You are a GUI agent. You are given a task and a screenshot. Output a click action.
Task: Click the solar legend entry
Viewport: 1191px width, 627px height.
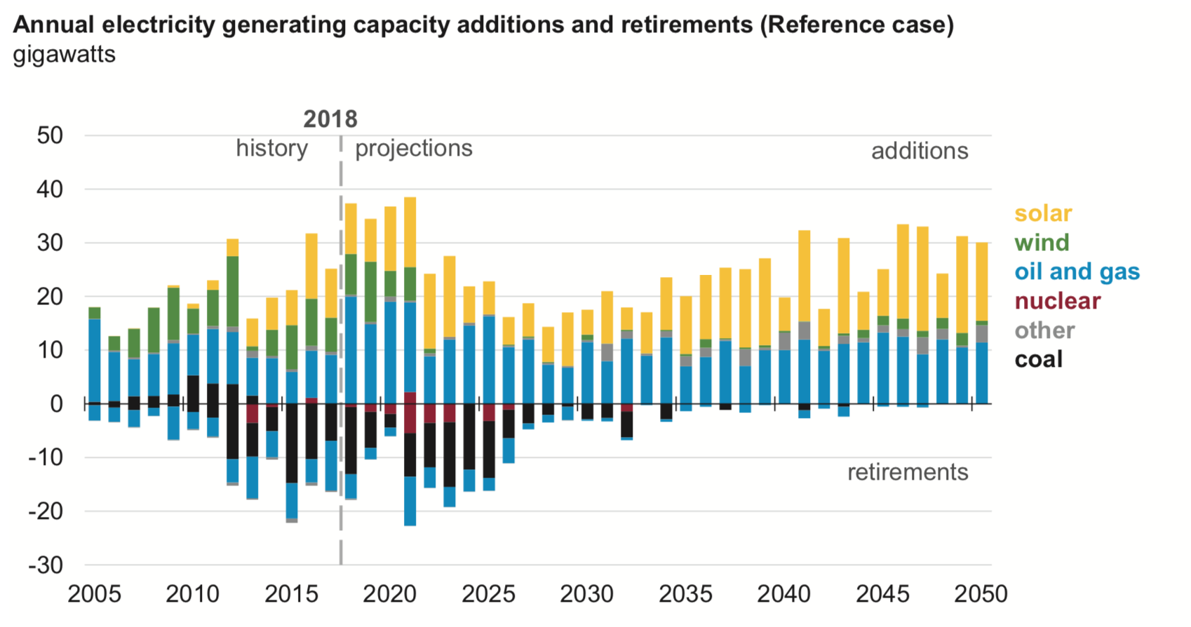pos(1043,213)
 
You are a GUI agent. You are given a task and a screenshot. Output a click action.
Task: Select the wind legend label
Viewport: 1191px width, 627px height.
pos(1042,243)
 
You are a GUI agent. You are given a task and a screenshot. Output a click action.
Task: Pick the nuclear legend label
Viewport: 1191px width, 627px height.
pos(1057,301)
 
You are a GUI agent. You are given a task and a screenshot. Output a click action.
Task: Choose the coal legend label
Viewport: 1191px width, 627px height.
pos(1038,359)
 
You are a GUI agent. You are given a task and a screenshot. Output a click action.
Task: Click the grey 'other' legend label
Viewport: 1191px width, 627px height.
pos(1044,330)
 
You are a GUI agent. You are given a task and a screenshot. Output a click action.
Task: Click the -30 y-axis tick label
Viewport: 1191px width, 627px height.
pos(45,565)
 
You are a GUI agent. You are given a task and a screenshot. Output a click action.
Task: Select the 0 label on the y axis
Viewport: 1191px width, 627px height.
pos(56,404)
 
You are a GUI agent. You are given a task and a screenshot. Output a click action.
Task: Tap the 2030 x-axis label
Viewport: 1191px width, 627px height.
pos(586,594)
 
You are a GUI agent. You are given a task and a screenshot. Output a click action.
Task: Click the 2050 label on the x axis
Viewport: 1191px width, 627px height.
pos(981,594)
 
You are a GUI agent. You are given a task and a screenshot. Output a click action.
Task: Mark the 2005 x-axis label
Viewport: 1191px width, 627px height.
pos(94,594)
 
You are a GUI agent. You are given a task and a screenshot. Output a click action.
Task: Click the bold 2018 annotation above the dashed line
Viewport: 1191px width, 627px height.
pos(330,119)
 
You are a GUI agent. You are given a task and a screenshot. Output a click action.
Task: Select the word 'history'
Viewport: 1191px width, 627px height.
pos(271,149)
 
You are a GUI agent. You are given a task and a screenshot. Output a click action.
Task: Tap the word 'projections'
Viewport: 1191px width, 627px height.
pos(414,149)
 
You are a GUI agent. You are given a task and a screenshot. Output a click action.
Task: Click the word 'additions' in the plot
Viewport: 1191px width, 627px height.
pos(920,151)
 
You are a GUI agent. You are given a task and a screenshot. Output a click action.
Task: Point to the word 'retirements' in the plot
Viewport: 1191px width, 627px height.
pos(908,472)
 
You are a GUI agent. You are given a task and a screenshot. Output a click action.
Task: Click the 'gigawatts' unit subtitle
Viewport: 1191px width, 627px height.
pos(64,55)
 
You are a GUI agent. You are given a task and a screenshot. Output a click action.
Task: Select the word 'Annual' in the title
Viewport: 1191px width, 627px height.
pos(53,25)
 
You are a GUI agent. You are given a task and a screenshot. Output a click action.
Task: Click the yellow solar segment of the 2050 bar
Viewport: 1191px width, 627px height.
pos(982,281)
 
